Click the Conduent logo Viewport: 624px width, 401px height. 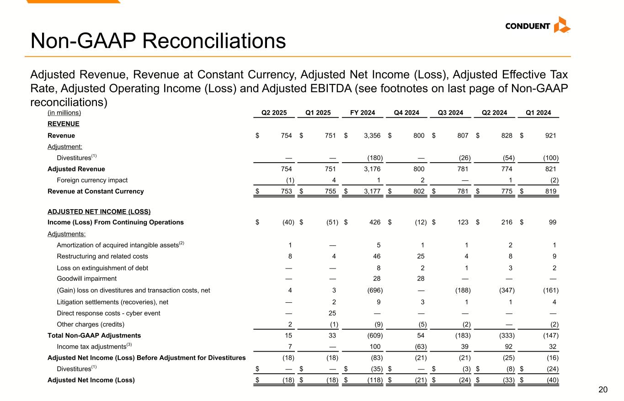(537, 26)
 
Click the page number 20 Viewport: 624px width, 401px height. (603, 390)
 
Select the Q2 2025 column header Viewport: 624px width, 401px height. (273, 113)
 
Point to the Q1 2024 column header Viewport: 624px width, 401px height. (539, 113)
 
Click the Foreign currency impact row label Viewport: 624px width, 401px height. (92, 180)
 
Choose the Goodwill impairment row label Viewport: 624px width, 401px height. (86, 279)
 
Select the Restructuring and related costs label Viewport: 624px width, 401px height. (102, 256)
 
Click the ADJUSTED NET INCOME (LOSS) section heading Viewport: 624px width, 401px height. (99, 212)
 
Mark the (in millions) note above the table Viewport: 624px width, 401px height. (64, 113)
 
